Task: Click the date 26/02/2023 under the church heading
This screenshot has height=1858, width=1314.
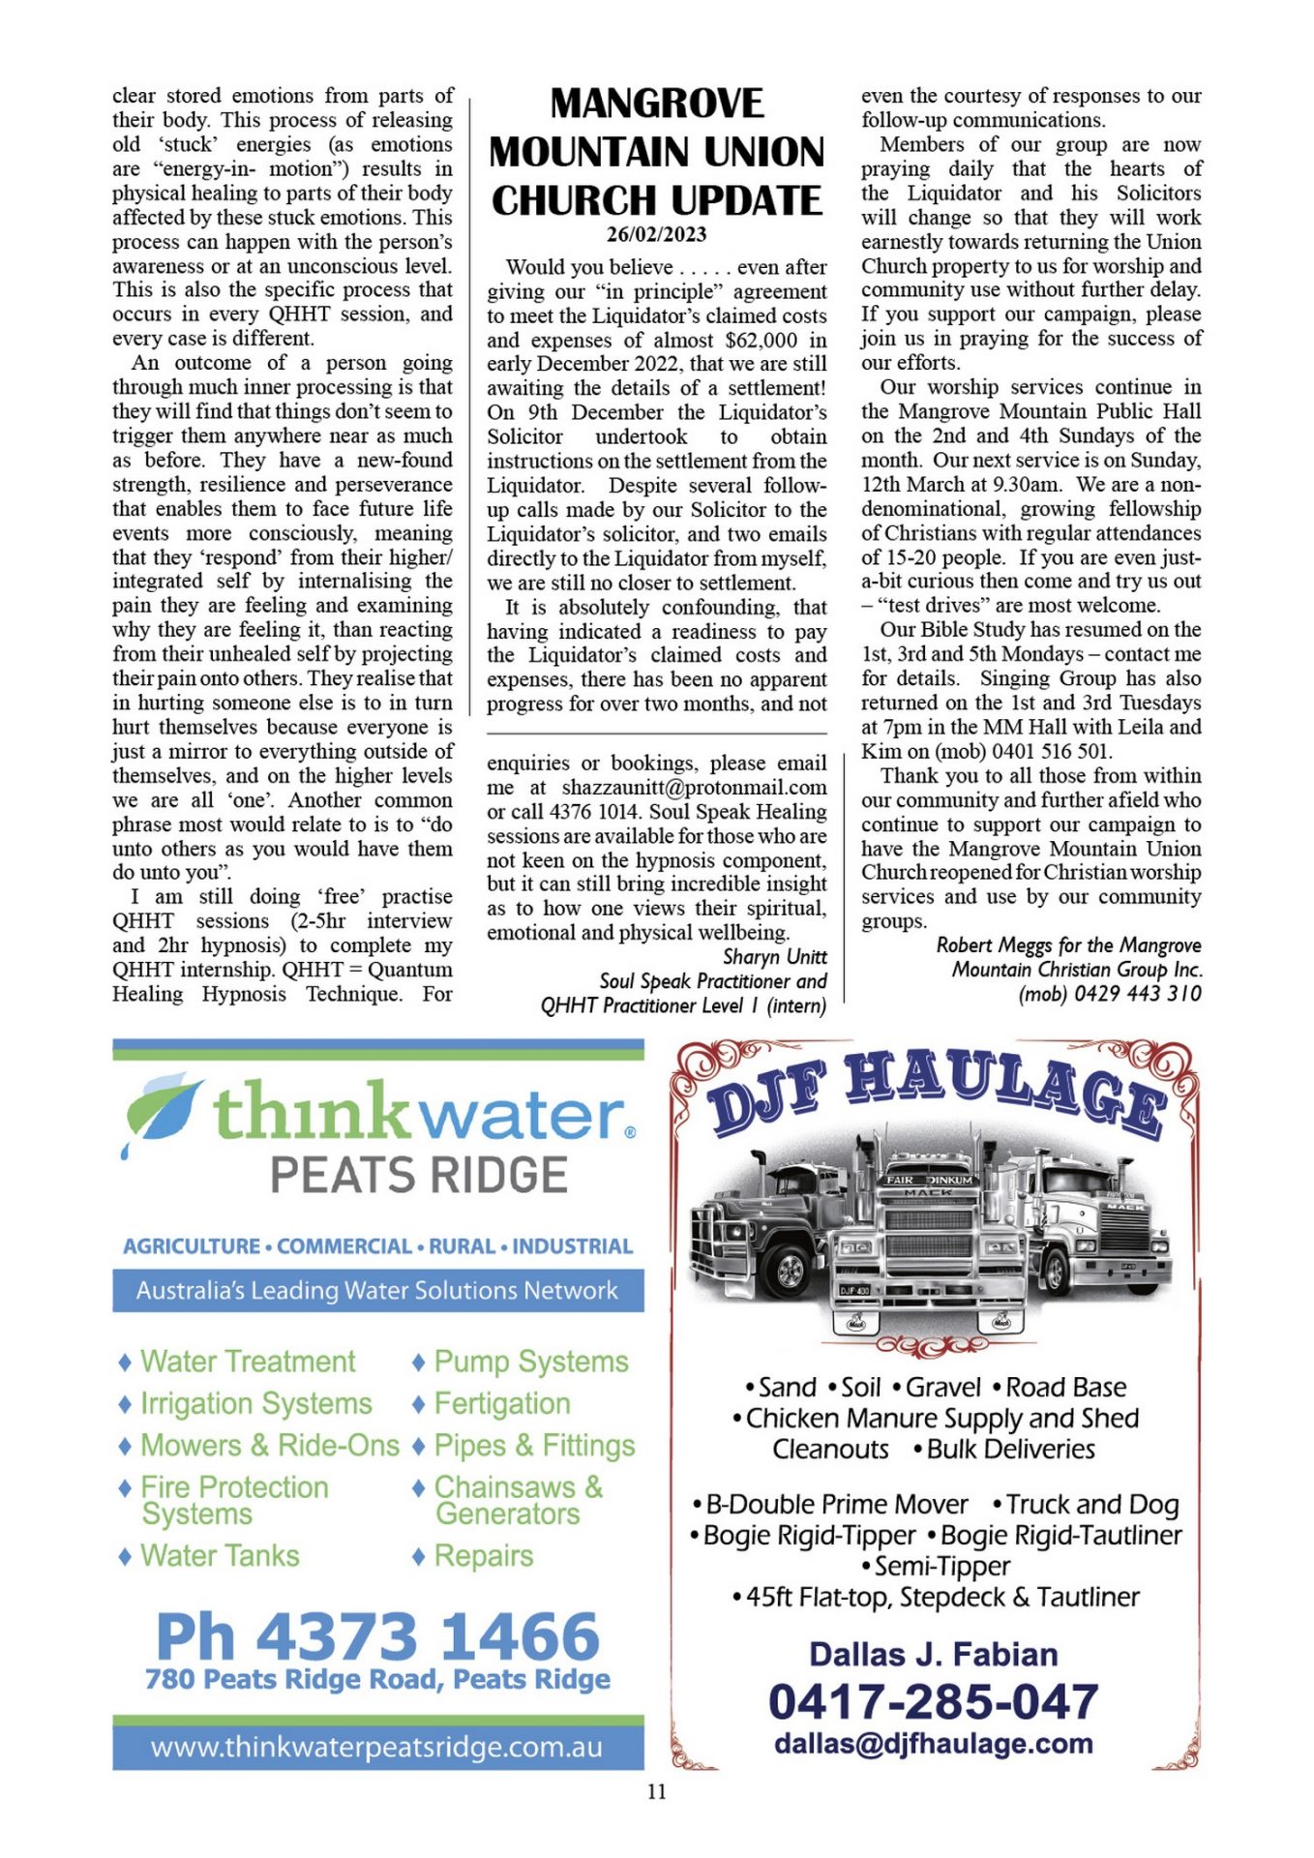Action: coord(656,234)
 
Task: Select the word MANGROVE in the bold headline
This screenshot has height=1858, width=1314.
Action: coord(656,104)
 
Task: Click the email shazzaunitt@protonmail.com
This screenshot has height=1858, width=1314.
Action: coord(694,788)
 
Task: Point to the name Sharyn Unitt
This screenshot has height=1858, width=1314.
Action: coord(774,957)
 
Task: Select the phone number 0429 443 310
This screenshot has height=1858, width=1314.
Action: coord(1138,994)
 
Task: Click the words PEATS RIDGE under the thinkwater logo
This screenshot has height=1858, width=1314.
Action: coord(418,1176)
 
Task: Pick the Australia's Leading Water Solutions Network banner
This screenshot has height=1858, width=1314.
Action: coord(377,1291)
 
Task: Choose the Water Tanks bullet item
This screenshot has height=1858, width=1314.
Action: coord(220,1556)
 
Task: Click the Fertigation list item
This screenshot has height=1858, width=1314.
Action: coord(501,1404)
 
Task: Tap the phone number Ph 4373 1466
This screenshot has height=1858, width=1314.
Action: coord(378,1636)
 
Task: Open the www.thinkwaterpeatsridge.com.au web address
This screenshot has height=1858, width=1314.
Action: coord(377,1748)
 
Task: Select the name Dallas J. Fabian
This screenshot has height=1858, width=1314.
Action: coord(933,1655)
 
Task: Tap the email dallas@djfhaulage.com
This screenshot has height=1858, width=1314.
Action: coord(933,1744)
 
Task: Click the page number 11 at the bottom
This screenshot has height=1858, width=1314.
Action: coord(657,1792)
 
